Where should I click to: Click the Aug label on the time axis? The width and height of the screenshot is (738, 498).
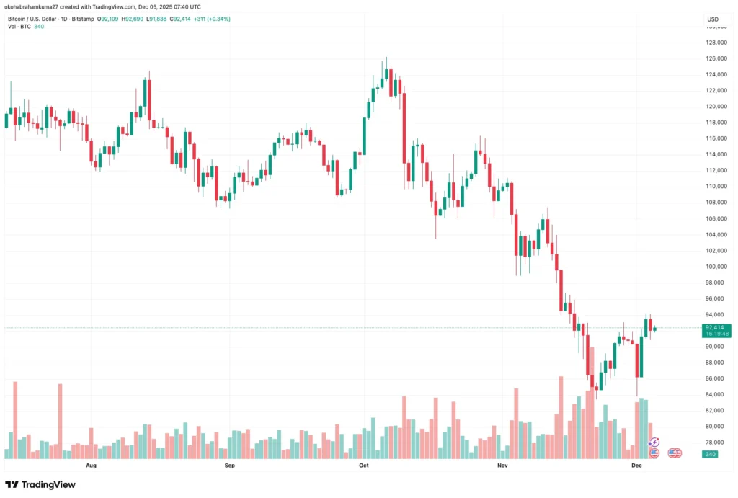91,466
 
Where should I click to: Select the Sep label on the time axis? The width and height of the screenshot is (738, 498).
229,466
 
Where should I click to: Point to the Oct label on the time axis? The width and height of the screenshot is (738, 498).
363,466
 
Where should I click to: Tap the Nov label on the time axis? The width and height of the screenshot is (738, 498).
503,466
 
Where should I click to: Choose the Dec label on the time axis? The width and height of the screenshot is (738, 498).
636,466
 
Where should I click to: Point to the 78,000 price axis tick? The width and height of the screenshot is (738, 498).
713,443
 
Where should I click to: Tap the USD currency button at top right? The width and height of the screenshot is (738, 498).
713,19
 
